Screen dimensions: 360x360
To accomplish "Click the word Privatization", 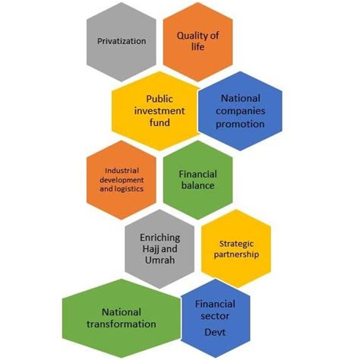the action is coord(122,41).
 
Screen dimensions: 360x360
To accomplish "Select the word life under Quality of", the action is coord(197,46).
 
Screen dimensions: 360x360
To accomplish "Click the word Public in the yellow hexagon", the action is coord(159,99).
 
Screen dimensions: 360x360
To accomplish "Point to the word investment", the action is coord(159,111).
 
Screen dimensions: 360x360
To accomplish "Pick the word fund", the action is coord(159,122).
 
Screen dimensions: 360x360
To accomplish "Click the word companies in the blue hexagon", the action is coord(241,111).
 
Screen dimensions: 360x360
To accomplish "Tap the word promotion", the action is coord(240,124).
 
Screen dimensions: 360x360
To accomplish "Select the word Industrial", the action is coord(122,171).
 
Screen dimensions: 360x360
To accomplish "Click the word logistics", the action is coord(129,189).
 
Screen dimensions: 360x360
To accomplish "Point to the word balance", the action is coord(197,185).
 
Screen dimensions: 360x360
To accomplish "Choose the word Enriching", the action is coord(160,238).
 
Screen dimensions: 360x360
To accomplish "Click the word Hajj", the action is coord(150,249).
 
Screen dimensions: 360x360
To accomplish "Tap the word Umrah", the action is coord(159,260).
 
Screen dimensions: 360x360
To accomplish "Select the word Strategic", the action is coord(236,244).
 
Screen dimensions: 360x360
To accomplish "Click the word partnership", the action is coord(236,254).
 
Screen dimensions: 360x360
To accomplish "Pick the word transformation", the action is coord(122,324).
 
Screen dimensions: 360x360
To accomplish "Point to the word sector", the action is coord(215,316).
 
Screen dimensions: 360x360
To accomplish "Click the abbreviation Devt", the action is coord(215,332).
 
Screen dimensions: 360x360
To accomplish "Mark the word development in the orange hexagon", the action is coord(122,180).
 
